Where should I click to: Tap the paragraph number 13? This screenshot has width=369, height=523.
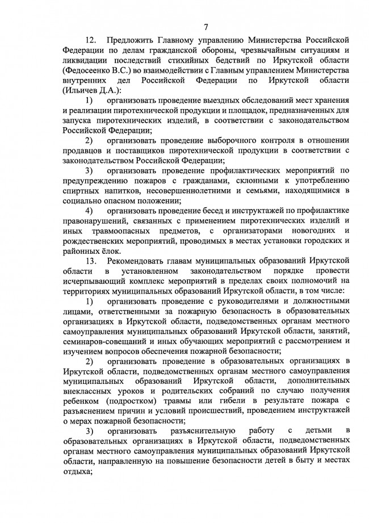pyautogui.click(x=91, y=260)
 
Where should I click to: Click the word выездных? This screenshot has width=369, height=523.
pyautogui.click(x=216, y=101)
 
